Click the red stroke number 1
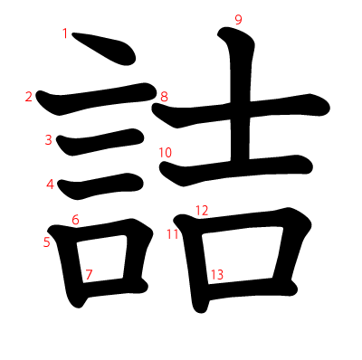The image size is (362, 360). (x=65, y=33)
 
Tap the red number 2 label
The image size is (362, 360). (x=29, y=97)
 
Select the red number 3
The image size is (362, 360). (x=48, y=139)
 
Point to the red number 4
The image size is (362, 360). (x=50, y=185)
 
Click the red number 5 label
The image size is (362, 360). (x=46, y=242)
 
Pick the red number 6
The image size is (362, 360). (x=75, y=219)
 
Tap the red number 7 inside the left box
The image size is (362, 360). (x=89, y=274)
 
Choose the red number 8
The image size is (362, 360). (x=164, y=97)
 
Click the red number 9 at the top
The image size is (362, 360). (x=238, y=20)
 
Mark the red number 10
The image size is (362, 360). (x=165, y=153)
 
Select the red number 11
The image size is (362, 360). (x=173, y=234)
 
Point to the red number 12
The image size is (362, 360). (x=202, y=211)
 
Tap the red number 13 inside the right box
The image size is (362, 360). (x=217, y=274)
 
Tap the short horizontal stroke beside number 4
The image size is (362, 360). (x=100, y=185)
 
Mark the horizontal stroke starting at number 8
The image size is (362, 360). (x=271, y=106)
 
